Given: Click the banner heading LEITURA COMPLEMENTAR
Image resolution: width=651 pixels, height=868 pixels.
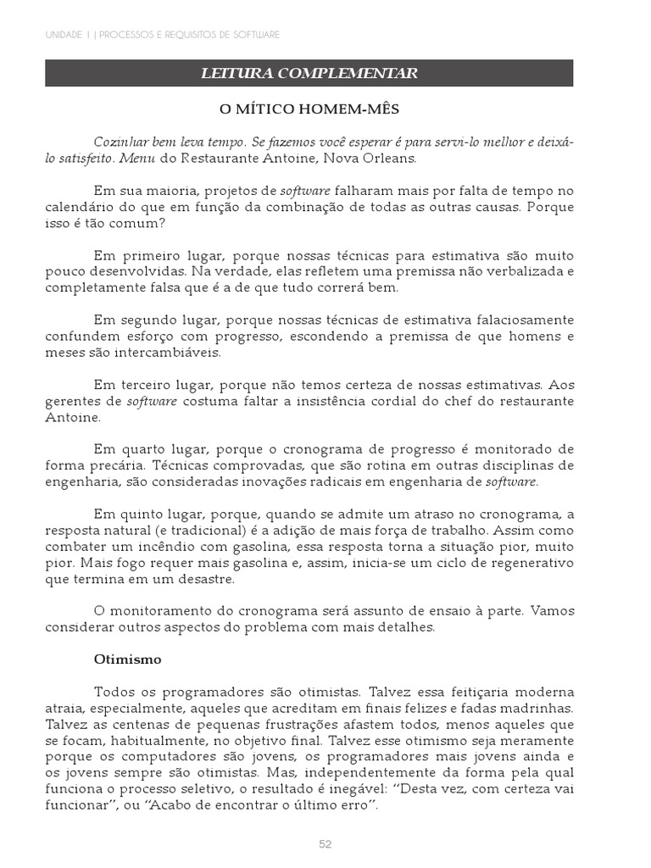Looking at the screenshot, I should (309, 74).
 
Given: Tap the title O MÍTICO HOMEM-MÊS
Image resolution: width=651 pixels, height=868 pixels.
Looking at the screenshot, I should (309, 109).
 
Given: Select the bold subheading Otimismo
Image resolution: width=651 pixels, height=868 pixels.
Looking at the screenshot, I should (127, 658).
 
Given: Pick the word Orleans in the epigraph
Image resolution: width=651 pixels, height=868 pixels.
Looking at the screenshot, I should (389, 158).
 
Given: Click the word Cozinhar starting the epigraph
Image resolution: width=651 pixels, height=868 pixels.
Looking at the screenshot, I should (124, 141).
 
